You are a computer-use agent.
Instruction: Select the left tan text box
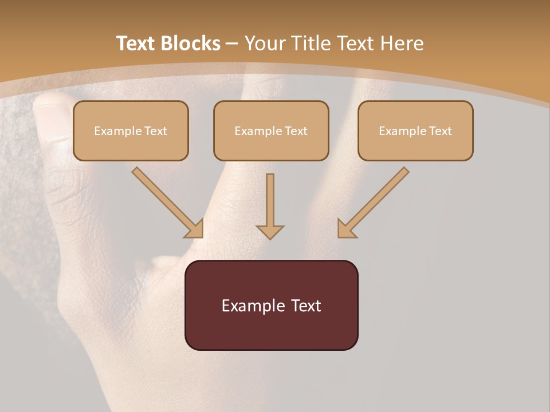(x=131, y=145)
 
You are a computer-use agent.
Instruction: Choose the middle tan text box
(x=271, y=145)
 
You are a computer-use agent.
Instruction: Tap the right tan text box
(x=415, y=145)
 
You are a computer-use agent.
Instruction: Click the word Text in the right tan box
(x=440, y=131)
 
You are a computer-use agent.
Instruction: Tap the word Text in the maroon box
(x=306, y=306)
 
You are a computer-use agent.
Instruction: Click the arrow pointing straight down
(x=270, y=206)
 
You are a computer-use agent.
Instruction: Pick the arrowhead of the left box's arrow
(x=195, y=229)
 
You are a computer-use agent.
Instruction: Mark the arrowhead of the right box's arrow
(x=346, y=229)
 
